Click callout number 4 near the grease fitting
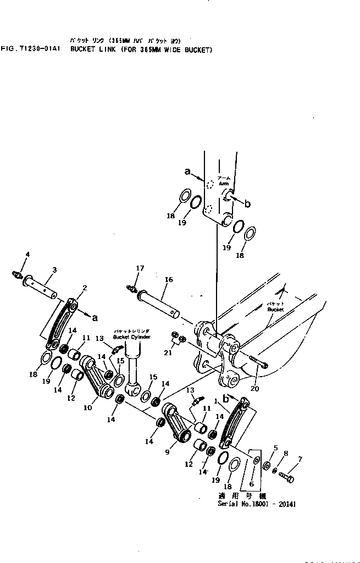pyautogui.click(x=27, y=254)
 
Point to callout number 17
pyautogui.click(x=140, y=268)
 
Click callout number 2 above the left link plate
pyautogui.click(x=85, y=288)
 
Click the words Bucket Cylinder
pyautogui.click(x=128, y=336)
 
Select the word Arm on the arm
pyautogui.click(x=224, y=184)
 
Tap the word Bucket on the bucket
pyautogui.click(x=275, y=309)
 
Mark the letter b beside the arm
pyautogui.click(x=247, y=204)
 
